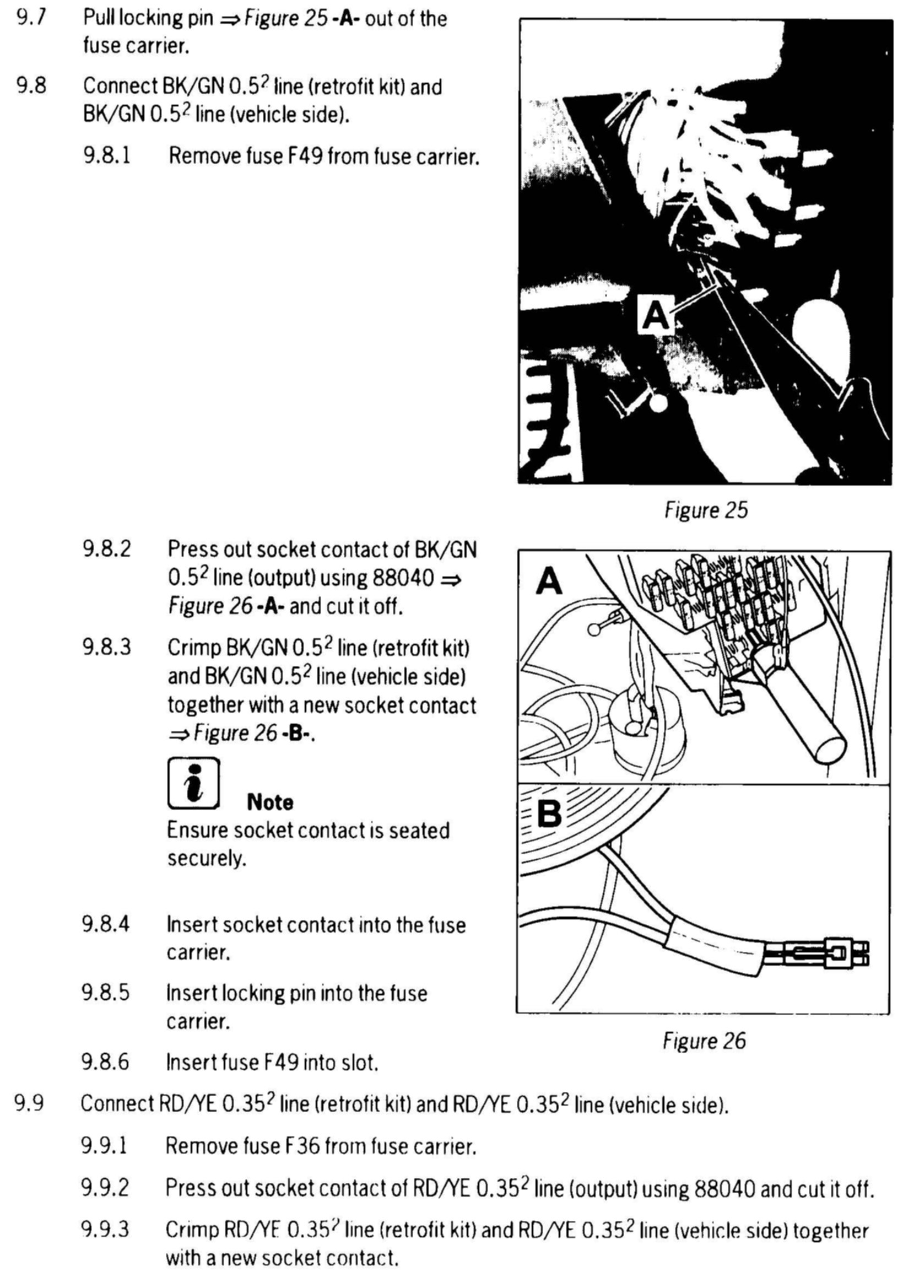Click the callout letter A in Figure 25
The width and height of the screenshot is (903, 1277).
coord(656,316)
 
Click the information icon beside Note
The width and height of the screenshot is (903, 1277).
coord(193,784)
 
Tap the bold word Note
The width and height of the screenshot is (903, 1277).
coord(269,802)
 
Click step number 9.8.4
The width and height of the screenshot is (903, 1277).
coord(106,924)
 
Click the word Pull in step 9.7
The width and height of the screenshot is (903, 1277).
coord(98,19)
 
